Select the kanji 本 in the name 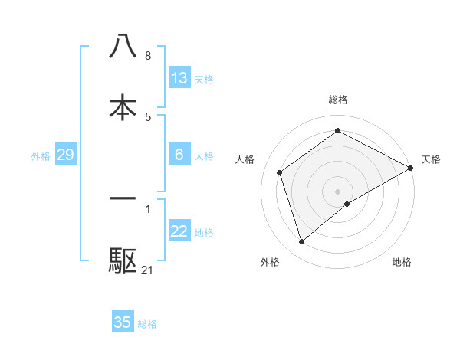pyautogui.click(x=123, y=107)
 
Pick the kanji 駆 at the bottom pyautogui.click(x=123, y=261)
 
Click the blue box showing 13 pyautogui.click(x=179, y=78)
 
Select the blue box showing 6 pyautogui.click(x=179, y=155)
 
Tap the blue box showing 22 pyautogui.click(x=179, y=231)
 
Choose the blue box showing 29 pyautogui.click(x=65, y=155)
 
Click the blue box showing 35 pyautogui.click(x=123, y=322)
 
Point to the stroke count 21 pyautogui.click(x=148, y=270)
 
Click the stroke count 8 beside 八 pyautogui.click(x=148, y=55)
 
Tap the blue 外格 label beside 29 pyautogui.click(x=41, y=155)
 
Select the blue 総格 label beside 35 pyautogui.click(x=147, y=323)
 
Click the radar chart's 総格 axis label pyautogui.click(x=338, y=100)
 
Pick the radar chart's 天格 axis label pyautogui.click(x=431, y=159)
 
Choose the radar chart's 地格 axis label pyautogui.click(x=402, y=262)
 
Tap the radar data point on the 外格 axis pyautogui.click(x=302, y=242)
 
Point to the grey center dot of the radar pyautogui.click(x=338, y=191)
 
